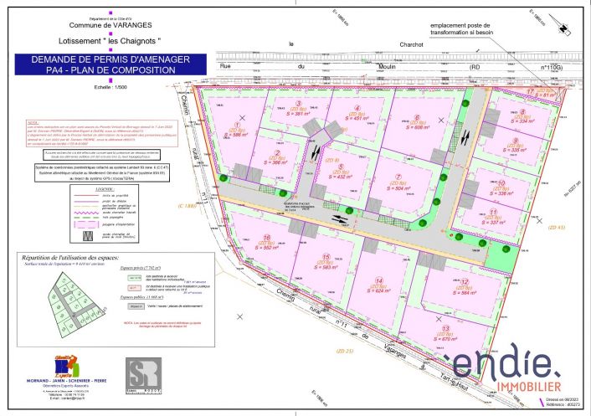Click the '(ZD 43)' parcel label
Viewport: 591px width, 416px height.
click(x=555, y=227)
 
